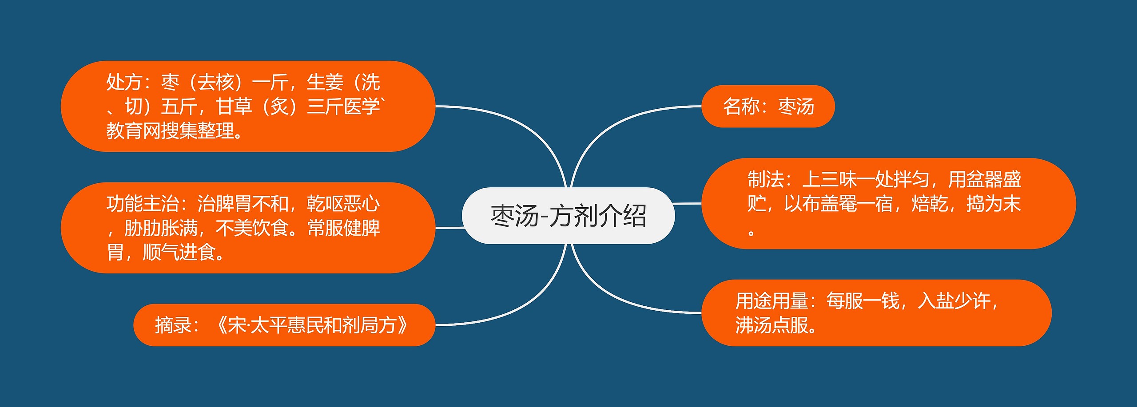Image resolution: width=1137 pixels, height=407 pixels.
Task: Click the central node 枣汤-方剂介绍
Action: [x=568, y=216]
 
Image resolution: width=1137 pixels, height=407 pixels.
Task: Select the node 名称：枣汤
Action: [x=767, y=107]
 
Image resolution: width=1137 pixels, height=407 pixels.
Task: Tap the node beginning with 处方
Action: [x=247, y=107]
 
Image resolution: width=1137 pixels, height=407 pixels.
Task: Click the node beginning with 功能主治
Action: [x=247, y=228]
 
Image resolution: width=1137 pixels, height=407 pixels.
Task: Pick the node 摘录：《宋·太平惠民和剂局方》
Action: [x=284, y=325]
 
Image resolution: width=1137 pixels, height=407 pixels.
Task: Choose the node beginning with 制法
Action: [x=888, y=203]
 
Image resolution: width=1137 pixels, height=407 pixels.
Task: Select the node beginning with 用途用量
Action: [x=876, y=313]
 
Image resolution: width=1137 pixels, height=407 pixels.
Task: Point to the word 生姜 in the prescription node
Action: [x=325, y=83]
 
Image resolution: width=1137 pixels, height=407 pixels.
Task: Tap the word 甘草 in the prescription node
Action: [x=234, y=107]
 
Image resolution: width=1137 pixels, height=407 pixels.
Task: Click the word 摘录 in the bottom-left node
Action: [x=173, y=325]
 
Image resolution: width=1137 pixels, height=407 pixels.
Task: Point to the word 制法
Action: [x=765, y=180]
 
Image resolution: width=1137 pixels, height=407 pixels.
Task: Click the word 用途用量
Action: [x=771, y=301]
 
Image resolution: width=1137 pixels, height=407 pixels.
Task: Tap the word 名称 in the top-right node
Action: [x=741, y=107]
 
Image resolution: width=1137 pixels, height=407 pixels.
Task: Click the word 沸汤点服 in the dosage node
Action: [x=772, y=325]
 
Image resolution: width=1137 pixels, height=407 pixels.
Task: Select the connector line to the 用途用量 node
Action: [x=622, y=302]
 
